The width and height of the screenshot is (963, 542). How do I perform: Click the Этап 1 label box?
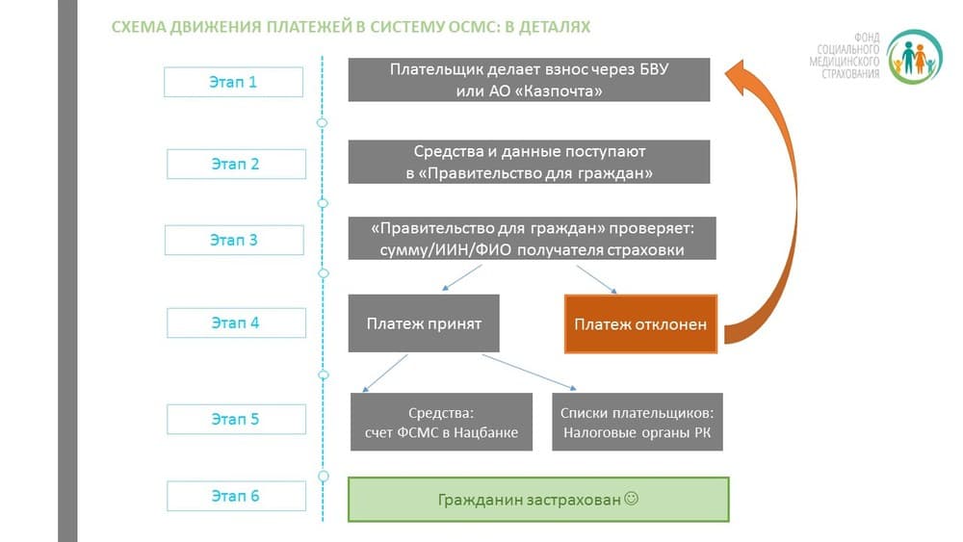(x=233, y=82)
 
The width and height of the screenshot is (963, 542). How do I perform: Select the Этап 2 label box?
(x=237, y=164)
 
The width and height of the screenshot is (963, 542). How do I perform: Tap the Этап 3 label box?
(x=234, y=240)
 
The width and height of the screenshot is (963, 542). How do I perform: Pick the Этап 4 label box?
(x=237, y=323)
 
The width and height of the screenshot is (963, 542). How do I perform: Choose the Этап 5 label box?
(x=237, y=419)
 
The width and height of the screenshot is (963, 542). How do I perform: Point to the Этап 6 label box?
(x=237, y=496)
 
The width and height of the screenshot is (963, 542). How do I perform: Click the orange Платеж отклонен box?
(x=640, y=324)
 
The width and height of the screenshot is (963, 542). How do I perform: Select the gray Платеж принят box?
(x=424, y=323)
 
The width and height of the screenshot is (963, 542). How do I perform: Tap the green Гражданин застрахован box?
(x=538, y=500)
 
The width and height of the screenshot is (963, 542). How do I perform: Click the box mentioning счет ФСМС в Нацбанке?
(x=442, y=423)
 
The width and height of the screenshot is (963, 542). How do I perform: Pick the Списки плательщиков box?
(x=638, y=423)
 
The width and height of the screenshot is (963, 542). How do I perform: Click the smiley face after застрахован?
(x=632, y=499)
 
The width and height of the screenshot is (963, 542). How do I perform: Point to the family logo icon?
(x=914, y=57)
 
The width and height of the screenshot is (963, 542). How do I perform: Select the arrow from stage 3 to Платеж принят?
(x=462, y=277)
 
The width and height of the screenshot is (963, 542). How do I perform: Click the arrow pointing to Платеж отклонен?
(x=596, y=279)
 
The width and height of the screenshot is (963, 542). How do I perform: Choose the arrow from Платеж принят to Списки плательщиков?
(x=530, y=372)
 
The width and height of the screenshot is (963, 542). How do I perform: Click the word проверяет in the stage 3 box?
(x=652, y=229)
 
